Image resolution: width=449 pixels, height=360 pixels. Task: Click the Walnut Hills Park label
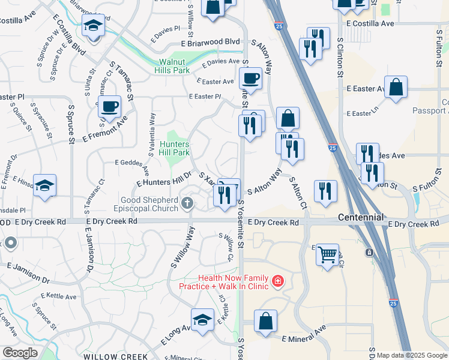(174, 66)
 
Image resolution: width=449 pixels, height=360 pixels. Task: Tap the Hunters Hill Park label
(175, 149)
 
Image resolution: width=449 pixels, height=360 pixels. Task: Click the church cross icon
(188, 204)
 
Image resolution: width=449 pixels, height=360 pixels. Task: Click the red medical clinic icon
(278, 280)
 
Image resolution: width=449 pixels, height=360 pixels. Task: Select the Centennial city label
(361, 217)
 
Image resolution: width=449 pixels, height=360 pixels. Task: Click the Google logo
(20, 352)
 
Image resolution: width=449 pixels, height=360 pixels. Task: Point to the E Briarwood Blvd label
(210, 42)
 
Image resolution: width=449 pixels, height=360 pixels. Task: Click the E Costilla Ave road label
(370, 23)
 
